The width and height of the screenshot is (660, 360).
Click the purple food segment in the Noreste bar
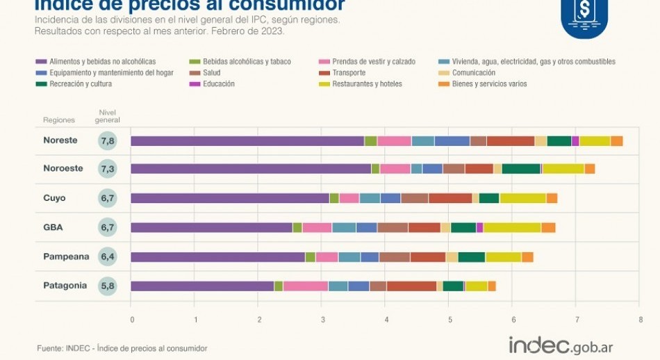coord(247,141)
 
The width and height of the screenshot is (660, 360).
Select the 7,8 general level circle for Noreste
coord(107,141)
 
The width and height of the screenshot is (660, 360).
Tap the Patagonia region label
coord(65,286)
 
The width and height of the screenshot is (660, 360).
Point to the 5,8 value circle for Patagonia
coord(107,286)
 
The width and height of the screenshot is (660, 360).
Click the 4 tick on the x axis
coord(386,320)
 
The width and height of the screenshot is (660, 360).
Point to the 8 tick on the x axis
coord(640,320)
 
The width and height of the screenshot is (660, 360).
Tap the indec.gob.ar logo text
coord(561,345)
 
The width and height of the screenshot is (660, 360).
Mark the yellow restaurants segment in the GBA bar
coord(512,227)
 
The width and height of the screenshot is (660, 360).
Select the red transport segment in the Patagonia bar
coord(411,286)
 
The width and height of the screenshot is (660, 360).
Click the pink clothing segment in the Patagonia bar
coord(305,286)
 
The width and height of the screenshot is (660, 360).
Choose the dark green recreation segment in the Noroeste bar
coord(521,169)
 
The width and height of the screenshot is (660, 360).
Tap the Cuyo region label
coord(54,198)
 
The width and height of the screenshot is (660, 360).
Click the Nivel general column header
coord(107,116)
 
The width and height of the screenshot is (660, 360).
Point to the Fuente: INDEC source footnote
coord(122,348)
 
